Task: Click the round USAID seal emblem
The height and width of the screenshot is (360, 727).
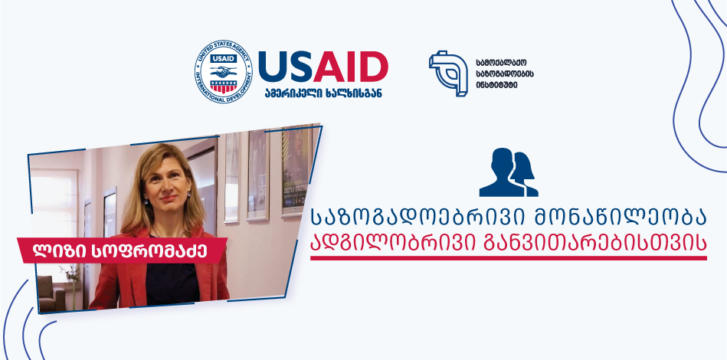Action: [x=224, y=71]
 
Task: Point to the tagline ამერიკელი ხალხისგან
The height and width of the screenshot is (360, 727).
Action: [x=323, y=93]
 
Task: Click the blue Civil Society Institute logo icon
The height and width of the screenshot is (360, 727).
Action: [x=448, y=74]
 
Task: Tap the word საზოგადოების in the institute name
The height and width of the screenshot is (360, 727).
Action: [x=504, y=74]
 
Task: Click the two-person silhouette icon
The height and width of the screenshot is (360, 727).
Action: [x=509, y=172]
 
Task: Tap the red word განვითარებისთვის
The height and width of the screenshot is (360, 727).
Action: [x=595, y=244]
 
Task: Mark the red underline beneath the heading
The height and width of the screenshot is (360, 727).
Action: [x=509, y=258]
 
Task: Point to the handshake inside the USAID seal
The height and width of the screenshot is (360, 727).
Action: [x=224, y=71]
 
